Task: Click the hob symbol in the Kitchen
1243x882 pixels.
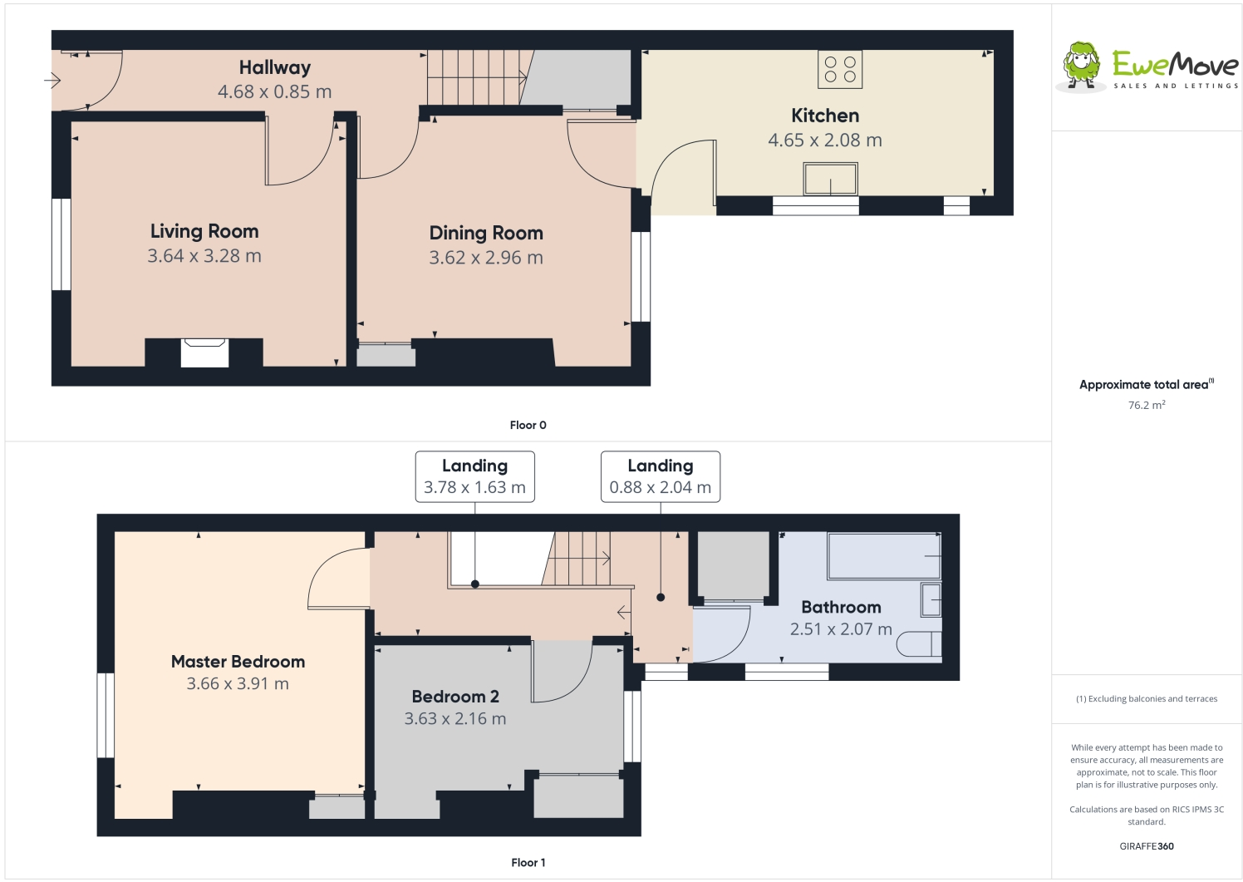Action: click(x=840, y=69)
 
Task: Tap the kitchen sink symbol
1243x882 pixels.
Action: click(x=830, y=179)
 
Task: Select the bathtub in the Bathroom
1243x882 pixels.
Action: click(x=883, y=556)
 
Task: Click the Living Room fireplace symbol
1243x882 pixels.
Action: click(x=204, y=352)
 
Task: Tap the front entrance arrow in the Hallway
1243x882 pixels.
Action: click(x=52, y=81)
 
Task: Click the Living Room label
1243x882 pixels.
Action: click(x=204, y=231)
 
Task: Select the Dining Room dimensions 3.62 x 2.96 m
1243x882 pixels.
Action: click(x=486, y=258)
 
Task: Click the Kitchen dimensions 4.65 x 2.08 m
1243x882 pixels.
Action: click(x=824, y=140)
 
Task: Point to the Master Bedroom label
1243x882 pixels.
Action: click(x=238, y=662)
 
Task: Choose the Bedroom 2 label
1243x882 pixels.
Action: click(x=455, y=697)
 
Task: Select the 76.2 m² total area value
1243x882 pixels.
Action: click(x=1146, y=406)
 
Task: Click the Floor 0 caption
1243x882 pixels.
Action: click(x=528, y=425)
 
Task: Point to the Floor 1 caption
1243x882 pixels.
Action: click(x=528, y=863)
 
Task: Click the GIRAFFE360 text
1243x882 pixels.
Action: click(x=1146, y=846)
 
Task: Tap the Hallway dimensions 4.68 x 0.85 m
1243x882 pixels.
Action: click(x=274, y=92)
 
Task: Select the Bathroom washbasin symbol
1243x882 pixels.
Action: click(x=931, y=599)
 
